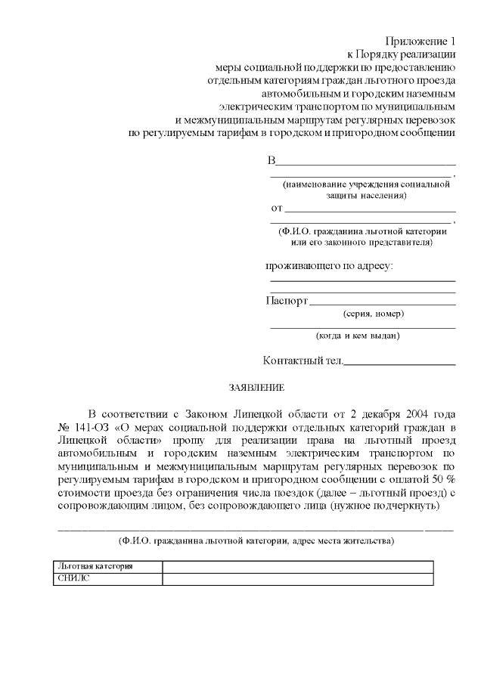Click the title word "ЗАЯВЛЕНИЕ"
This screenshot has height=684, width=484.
[257, 388]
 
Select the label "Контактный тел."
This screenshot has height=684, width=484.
[302, 361]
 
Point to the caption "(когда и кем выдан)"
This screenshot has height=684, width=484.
[358, 336]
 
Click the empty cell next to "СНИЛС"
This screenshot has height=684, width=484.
[298, 579]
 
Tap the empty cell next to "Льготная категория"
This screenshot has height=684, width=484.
[298, 567]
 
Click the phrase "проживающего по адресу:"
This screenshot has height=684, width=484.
[329, 266]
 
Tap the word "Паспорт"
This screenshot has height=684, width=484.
[287, 301]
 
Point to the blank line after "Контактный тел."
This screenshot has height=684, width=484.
[400, 363]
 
